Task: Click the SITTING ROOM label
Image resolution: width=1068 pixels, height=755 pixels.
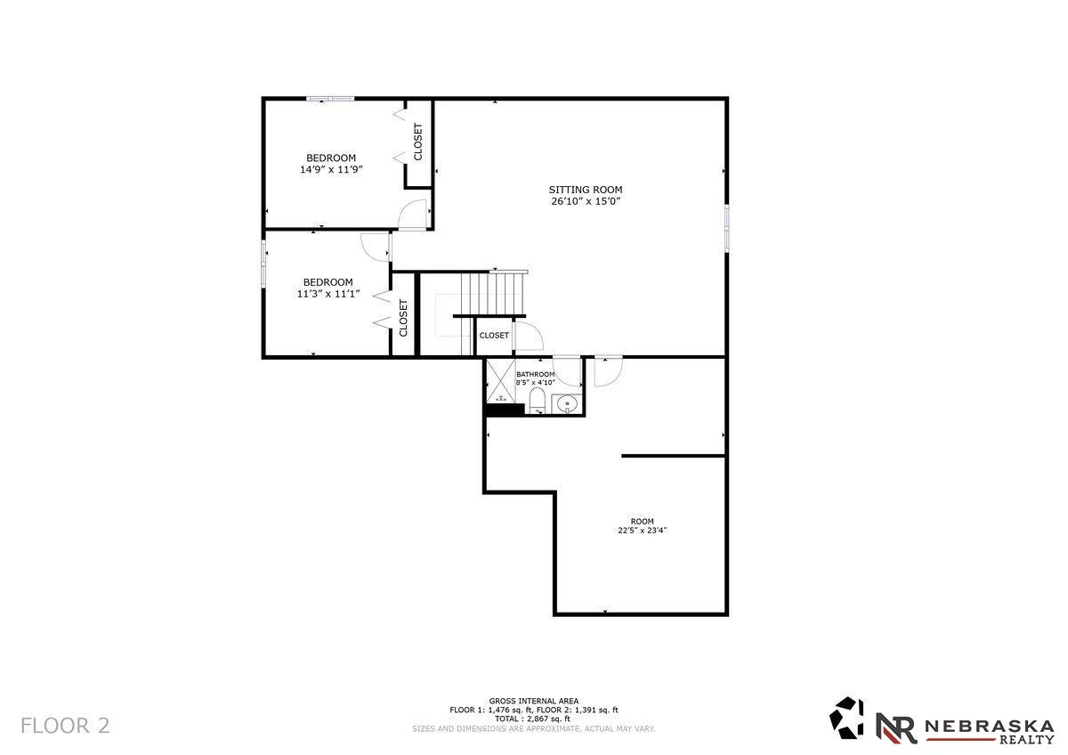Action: pos(585,190)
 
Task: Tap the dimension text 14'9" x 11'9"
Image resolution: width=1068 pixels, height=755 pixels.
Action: pos(331,169)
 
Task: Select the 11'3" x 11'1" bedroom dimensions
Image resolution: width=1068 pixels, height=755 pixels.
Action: pos(328,294)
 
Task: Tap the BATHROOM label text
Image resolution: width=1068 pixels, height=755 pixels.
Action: pos(536,374)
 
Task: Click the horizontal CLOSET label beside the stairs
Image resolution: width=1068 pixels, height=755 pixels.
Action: pos(494,336)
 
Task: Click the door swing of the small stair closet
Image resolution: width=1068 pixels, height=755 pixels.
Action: pos(528,335)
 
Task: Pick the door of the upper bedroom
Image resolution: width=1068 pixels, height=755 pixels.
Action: pos(413,215)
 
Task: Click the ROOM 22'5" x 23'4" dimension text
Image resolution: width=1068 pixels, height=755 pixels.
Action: pos(642,531)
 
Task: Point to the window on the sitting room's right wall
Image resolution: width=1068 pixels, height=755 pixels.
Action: pos(726,227)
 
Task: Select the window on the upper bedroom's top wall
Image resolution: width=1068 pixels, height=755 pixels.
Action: pos(330,99)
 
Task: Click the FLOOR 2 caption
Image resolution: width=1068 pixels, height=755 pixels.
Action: pos(65,726)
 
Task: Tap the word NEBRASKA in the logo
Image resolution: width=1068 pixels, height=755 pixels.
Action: pos(989,726)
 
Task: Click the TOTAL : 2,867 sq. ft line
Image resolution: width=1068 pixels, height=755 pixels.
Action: pos(533,718)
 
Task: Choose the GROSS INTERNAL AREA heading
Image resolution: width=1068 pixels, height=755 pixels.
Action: pos(533,701)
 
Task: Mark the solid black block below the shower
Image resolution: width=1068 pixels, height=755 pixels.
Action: pos(505,410)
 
